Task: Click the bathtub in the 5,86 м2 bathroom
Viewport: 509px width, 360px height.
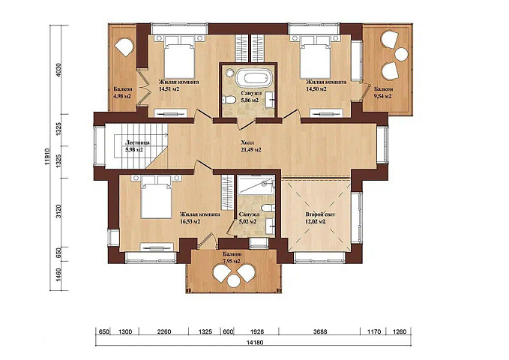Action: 253,78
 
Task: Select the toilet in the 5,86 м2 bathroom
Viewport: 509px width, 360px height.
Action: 229,100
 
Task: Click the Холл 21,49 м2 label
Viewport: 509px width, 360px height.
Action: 251,146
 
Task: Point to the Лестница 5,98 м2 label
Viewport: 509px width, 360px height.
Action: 137,146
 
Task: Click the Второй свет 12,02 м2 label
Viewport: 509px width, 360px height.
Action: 320,218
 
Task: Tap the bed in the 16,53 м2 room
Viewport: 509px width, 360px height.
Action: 156,198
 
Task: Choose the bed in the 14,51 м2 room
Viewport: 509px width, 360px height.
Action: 179,56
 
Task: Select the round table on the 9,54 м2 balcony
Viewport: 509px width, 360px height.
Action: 402,54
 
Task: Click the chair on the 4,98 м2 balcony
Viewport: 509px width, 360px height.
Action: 124,46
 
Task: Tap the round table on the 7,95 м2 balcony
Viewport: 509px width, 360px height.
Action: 233,280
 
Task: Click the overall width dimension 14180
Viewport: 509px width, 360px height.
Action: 255,342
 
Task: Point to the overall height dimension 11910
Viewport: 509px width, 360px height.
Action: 47,157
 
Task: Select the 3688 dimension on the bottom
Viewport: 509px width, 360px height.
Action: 320,331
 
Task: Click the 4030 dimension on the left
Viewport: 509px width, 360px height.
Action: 58,70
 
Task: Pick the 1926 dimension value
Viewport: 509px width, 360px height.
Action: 257,331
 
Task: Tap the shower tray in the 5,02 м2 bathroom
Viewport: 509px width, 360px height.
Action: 256,185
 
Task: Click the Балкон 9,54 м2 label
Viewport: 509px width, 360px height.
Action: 383,92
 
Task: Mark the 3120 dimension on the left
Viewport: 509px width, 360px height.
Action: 58,211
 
